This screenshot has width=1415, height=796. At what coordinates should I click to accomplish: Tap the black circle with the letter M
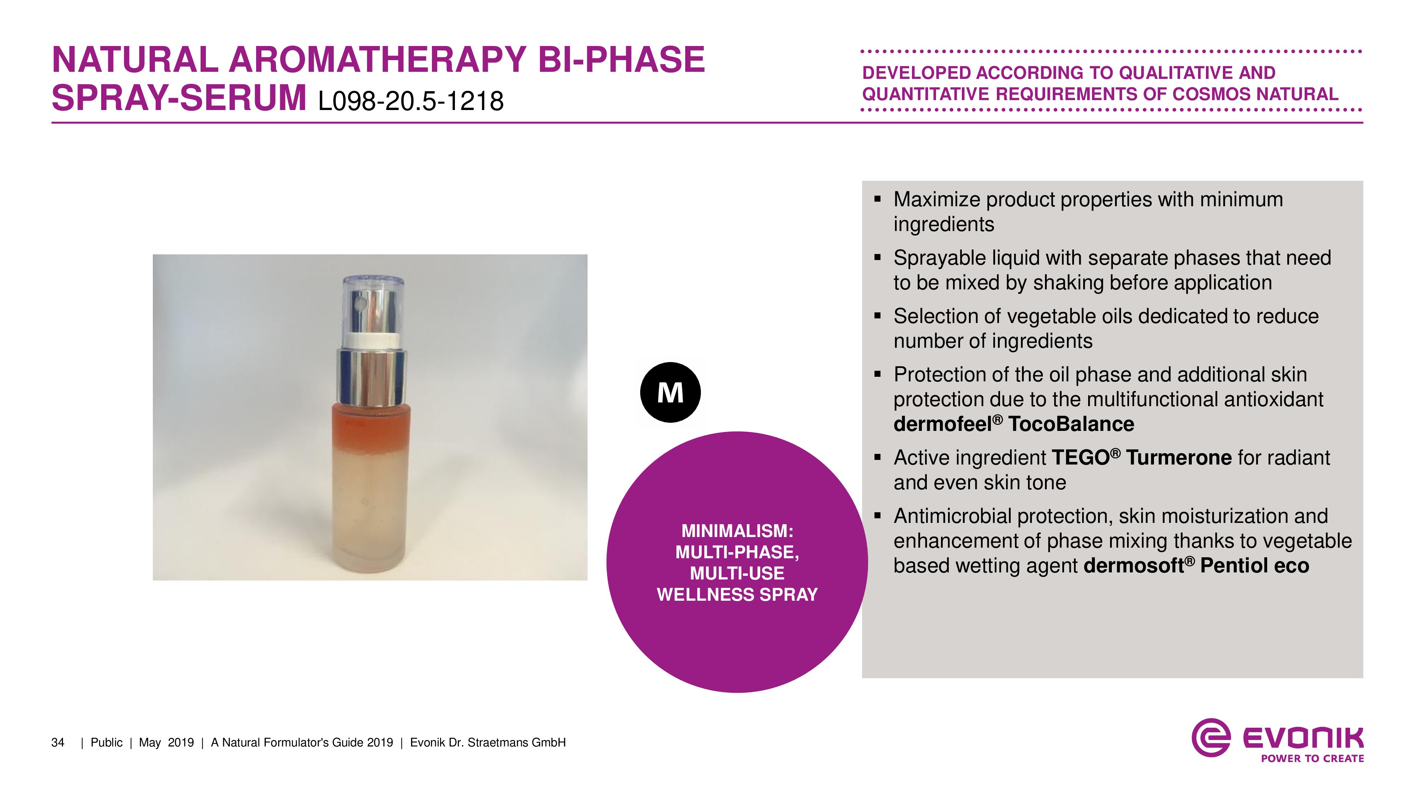[x=670, y=392]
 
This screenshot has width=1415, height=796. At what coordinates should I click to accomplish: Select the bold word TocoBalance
[x=1071, y=424]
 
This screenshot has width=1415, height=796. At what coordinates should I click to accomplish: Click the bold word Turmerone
[x=1179, y=457]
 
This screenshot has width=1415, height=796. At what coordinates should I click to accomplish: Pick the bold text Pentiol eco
[x=1255, y=566]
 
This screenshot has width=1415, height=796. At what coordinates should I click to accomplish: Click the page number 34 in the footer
[x=58, y=743]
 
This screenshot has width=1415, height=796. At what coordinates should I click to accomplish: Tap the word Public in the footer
[x=106, y=743]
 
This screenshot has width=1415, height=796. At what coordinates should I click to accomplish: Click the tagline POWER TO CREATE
[x=1312, y=758]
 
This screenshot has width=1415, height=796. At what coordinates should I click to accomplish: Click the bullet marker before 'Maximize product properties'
[x=877, y=199]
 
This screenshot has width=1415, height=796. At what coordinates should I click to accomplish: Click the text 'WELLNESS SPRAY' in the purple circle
[x=737, y=595]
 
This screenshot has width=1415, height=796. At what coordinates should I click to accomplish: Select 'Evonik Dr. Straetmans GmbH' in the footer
[x=488, y=743]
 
